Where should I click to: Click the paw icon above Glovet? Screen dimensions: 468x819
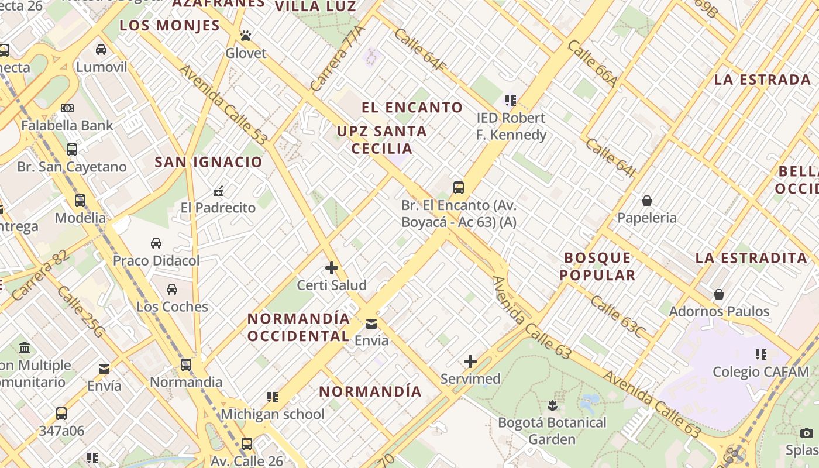point(246,36)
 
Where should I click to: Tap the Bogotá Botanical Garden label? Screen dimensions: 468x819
point(552,431)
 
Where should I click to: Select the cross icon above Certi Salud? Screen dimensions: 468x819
point(332,268)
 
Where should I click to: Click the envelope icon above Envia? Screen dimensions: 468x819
point(371,324)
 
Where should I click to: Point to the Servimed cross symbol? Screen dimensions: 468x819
point(470,362)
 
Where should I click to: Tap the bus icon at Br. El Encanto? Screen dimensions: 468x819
point(459,188)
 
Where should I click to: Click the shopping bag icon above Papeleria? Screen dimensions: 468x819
point(647,201)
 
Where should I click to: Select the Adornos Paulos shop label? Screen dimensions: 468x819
point(719,311)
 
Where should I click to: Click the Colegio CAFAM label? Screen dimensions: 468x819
point(760,371)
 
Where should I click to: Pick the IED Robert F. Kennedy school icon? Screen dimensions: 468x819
point(511,101)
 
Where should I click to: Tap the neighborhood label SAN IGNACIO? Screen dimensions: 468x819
point(209,162)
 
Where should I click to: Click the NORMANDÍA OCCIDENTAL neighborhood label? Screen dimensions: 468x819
point(298,328)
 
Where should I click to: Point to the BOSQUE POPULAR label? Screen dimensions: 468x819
point(597,266)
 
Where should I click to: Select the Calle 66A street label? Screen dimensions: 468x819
point(591,63)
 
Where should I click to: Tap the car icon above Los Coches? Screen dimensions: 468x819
point(172,289)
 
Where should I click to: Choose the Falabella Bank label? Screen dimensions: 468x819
point(67,125)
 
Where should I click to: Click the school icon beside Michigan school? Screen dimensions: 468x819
point(272,397)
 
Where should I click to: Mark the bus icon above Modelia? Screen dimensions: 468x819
point(80,201)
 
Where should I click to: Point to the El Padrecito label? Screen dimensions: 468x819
point(218,208)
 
